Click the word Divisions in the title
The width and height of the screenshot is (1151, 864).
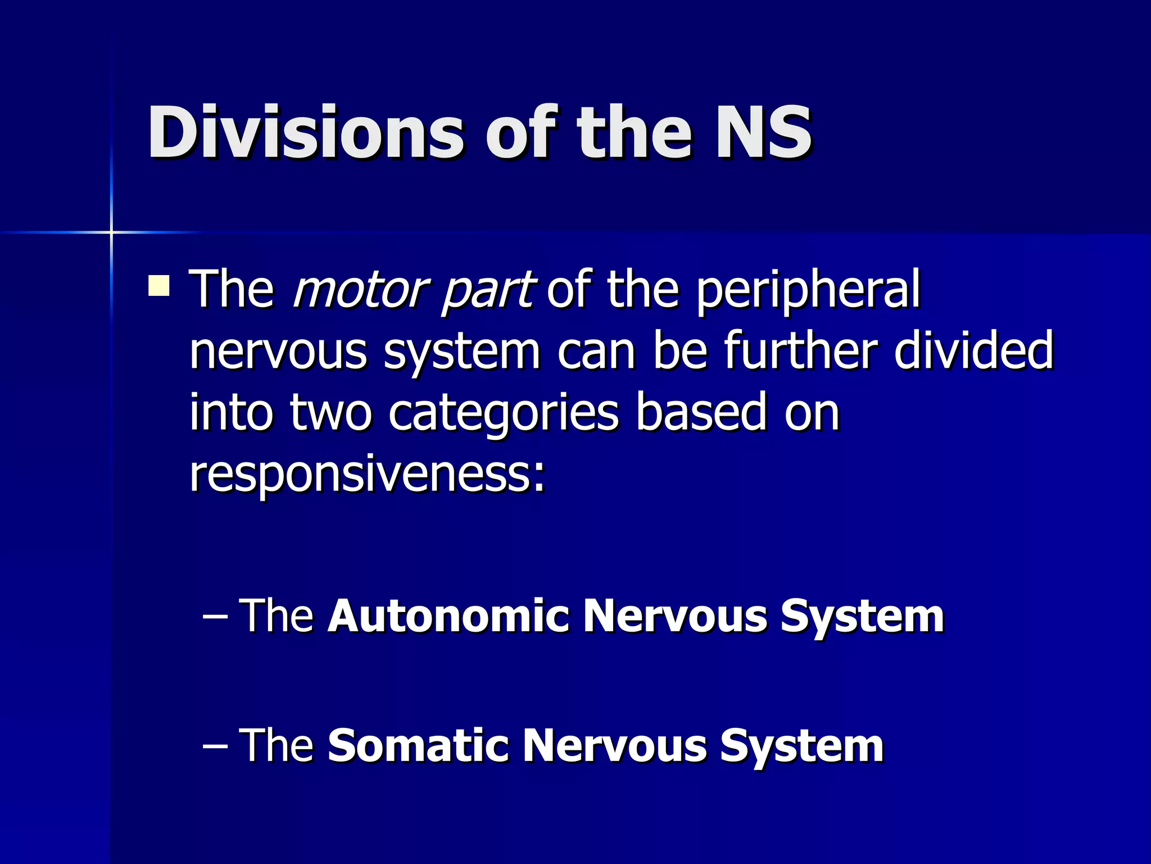tap(306, 133)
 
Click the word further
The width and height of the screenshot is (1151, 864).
tap(800, 350)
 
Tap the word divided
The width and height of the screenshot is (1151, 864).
tap(973, 350)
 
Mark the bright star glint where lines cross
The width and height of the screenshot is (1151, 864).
tap(111, 232)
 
